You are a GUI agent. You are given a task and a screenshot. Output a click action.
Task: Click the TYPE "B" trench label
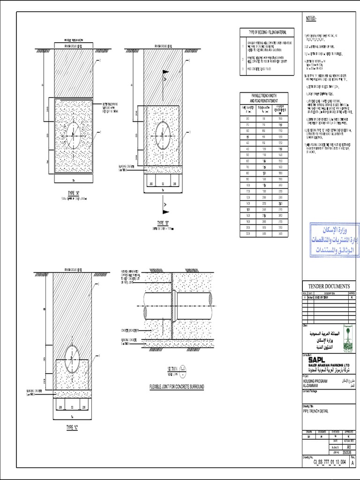(163, 223)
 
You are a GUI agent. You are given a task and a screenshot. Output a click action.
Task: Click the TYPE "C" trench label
(72, 428)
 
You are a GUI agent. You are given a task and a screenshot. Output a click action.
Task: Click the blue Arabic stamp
(334, 240)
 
